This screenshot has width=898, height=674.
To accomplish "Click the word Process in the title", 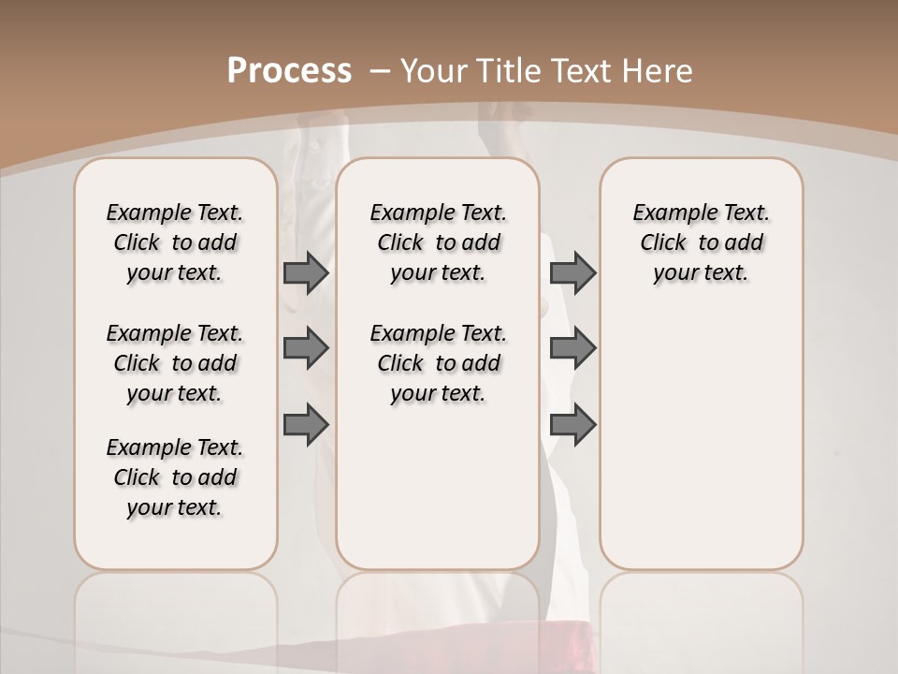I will tap(289, 70).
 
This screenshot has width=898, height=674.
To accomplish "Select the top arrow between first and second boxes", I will tap(306, 272).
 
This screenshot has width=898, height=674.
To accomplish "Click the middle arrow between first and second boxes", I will tap(306, 348).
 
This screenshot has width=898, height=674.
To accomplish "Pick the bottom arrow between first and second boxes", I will tap(306, 424).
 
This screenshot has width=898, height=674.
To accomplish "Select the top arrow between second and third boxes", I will tap(572, 272).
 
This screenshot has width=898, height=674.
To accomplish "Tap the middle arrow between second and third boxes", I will tap(572, 348).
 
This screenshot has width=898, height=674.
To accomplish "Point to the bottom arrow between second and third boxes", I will tap(572, 424).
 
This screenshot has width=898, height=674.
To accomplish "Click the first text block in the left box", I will tap(175, 242).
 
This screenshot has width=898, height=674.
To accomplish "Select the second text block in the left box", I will tap(175, 363).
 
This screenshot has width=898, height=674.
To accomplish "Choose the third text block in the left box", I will tap(175, 477).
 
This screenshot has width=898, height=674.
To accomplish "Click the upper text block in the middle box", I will tap(438, 242).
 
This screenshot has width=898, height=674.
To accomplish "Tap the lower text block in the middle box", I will tap(438, 363).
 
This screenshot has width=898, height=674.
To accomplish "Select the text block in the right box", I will tap(702, 242).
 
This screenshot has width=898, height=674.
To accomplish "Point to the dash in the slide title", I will tap(380, 70).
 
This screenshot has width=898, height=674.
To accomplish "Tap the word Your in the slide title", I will tap(435, 70).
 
